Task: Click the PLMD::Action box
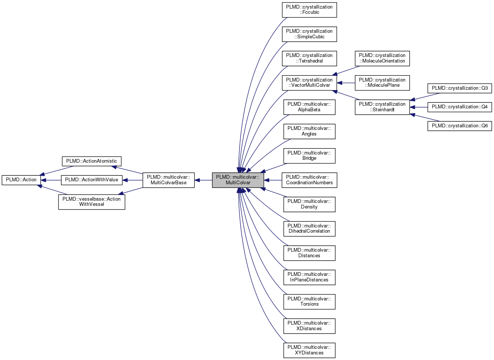(21, 180)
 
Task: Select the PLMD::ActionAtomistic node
(92, 161)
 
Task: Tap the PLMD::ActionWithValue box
(92, 180)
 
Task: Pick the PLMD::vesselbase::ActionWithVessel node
(92, 202)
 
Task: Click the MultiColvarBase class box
(169, 180)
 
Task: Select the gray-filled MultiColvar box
(238, 180)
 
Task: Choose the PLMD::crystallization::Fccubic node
(309, 10)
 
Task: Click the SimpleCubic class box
(309, 34)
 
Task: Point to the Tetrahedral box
(309, 58)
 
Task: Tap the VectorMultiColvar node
(309, 83)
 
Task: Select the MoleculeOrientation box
(382, 58)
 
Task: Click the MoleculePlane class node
(382, 83)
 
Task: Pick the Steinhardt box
(382, 107)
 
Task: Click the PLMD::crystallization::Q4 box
(459, 107)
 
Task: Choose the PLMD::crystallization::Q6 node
(459, 126)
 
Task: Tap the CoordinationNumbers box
(309, 180)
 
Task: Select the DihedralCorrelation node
(309, 229)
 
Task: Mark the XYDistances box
(309, 350)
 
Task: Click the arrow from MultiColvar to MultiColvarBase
(203, 180)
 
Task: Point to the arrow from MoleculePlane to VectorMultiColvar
(346, 83)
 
